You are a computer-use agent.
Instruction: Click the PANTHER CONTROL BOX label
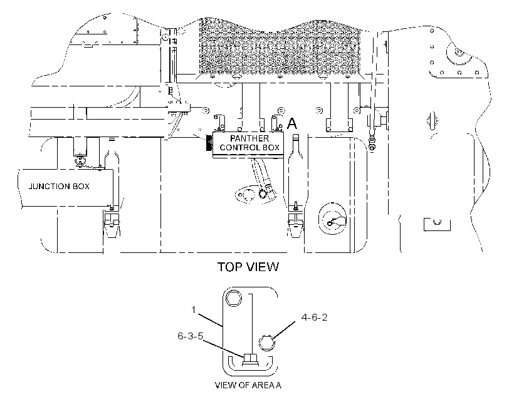pos(249,143)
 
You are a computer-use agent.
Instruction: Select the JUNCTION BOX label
pos(59,187)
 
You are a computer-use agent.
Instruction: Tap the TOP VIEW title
pos(248,267)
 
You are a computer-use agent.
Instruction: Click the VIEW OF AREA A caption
pos(248,385)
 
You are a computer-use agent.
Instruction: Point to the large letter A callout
pos(291,124)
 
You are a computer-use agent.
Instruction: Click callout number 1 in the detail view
pos(194,309)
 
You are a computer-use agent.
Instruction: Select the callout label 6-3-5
pos(191,336)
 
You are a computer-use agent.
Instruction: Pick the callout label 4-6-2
pos(315,317)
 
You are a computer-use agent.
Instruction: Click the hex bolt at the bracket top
pos(234,299)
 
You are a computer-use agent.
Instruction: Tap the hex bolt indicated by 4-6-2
pos(266,343)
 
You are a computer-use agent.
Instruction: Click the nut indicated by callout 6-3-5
pos(251,360)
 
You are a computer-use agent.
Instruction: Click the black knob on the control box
pos(209,143)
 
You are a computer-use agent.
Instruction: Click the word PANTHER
pos(249,138)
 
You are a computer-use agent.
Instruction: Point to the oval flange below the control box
pos(246,195)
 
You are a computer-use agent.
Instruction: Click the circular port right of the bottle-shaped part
pos(332,219)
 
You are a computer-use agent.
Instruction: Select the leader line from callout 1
pos(209,320)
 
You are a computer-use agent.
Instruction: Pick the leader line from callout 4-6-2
pos(283,331)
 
